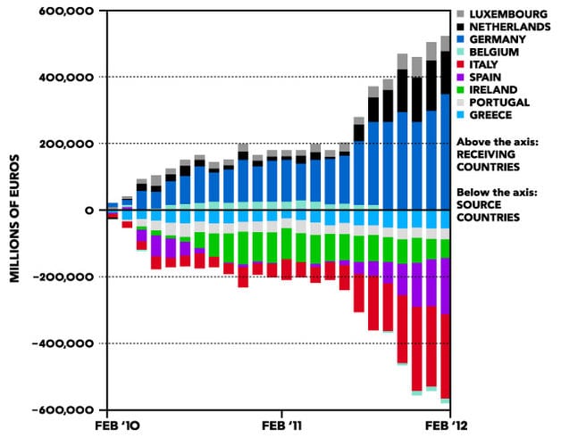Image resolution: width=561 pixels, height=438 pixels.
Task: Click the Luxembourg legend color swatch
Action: pos(461,14)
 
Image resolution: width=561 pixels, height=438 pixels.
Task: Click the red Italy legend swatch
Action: pos(461,64)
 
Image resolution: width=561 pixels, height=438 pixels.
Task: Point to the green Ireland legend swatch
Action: pos(461,89)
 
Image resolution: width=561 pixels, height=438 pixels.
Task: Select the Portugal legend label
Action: pos(499,102)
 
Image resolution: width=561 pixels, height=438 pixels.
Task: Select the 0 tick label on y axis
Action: pos(89,211)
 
